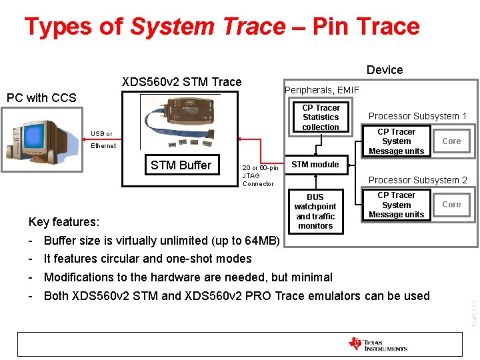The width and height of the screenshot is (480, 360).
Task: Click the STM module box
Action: coord(315,165)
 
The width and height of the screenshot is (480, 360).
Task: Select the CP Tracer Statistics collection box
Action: coord(321,117)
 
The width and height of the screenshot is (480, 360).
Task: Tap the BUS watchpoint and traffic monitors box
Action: coord(315,211)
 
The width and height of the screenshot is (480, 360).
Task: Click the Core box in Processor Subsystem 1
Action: coord(451,141)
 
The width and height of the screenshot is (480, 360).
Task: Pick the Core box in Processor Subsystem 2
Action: coord(451,205)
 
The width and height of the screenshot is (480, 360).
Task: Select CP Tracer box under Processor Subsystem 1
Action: coord(396,141)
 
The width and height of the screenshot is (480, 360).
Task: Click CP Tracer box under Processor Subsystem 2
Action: coord(396,205)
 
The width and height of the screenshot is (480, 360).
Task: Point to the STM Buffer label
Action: coord(181,165)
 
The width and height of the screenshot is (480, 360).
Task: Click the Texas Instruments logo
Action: coord(377,344)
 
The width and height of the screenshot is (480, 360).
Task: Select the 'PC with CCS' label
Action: coord(41,98)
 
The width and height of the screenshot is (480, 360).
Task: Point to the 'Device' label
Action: coord(385,70)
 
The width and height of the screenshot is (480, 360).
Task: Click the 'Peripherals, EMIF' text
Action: coord(322,90)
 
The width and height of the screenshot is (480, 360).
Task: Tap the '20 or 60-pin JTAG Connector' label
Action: coord(260,175)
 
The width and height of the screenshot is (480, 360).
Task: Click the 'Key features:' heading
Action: coord(64,222)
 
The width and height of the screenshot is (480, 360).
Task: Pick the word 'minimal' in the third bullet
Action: coord(310,277)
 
